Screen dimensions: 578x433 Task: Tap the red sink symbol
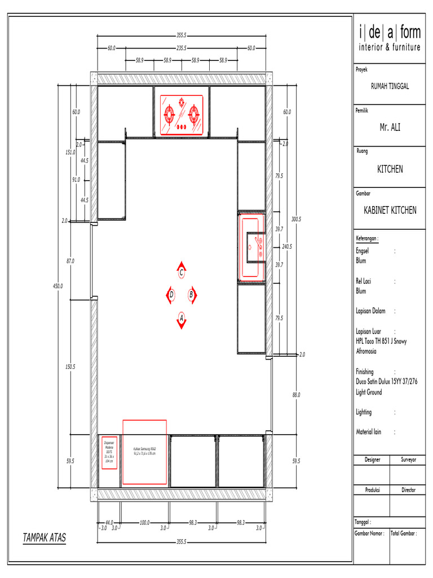pos(252,246)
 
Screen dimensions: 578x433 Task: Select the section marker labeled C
pos(181,272)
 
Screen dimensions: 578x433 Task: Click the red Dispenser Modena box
pos(109,452)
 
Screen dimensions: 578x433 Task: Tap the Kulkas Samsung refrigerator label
pos(144,452)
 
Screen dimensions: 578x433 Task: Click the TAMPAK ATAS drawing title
pos(44,538)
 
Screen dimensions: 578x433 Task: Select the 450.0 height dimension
pos(58,286)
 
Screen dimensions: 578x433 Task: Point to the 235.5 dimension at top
pos(182,49)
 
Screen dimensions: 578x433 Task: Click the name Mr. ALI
pos(390,128)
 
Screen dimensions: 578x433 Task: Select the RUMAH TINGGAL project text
pos(390,86)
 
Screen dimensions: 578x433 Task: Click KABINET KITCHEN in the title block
pos(390,211)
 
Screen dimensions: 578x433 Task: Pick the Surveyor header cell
pos(408,460)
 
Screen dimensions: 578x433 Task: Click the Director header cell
pos(408,491)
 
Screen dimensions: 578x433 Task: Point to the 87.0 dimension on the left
pos(70,261)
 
